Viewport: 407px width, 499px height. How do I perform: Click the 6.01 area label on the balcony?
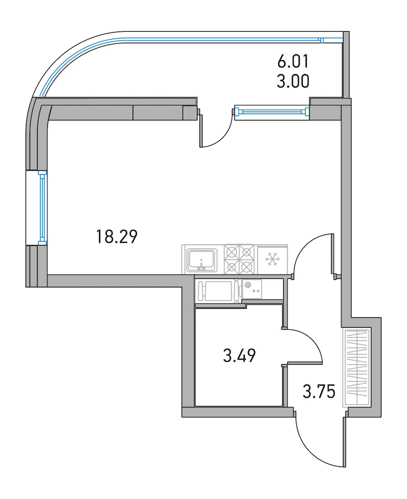pos(293,62)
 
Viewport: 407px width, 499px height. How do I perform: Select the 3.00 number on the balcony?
pos(293,81)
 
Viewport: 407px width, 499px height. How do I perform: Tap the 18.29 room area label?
pos(117,237)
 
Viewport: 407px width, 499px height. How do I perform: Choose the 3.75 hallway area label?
pos(319,392)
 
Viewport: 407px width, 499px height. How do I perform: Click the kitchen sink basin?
pos(202,259)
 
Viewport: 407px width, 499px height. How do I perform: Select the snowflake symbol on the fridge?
pos(272,259)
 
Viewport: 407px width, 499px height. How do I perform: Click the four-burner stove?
pos(241,259)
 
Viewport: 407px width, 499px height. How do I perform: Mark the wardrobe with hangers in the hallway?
pos(357,367)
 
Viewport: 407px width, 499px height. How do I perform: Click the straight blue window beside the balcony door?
pos(272,111)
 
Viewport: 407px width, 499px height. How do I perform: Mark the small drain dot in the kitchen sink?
pos(201,260)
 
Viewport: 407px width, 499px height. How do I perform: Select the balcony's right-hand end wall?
pos(346,65)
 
